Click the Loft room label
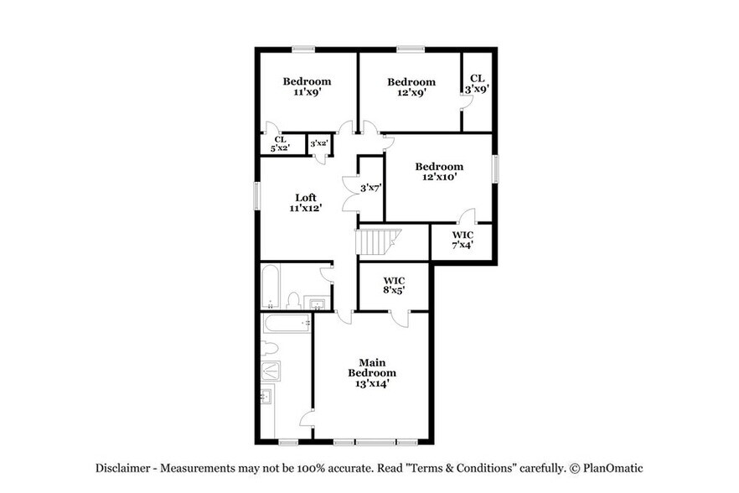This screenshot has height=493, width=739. tap(306, 202)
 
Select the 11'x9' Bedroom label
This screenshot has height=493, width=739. tap(307, 86)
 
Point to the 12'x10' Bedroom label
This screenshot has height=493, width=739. tap(439, 172)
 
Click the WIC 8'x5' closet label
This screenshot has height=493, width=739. tap(395, 285)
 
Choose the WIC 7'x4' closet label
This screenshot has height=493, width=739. tap(463, 240)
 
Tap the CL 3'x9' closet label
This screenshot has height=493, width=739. tap(477, 82)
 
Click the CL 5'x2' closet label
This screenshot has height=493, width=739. tap(280, 143)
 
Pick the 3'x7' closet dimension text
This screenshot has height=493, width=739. tap(371, 189)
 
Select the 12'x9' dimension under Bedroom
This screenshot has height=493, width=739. tap(411, 93)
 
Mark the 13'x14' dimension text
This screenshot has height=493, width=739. tap(372, 383)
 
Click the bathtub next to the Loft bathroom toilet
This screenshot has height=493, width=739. tap(270, 287)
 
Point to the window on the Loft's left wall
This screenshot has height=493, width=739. tap(258, 195)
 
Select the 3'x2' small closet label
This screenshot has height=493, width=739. tap(318, 144)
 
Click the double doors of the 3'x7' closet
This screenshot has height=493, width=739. tap(351, 189)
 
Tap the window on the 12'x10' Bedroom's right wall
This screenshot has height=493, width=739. tap(494, 169)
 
